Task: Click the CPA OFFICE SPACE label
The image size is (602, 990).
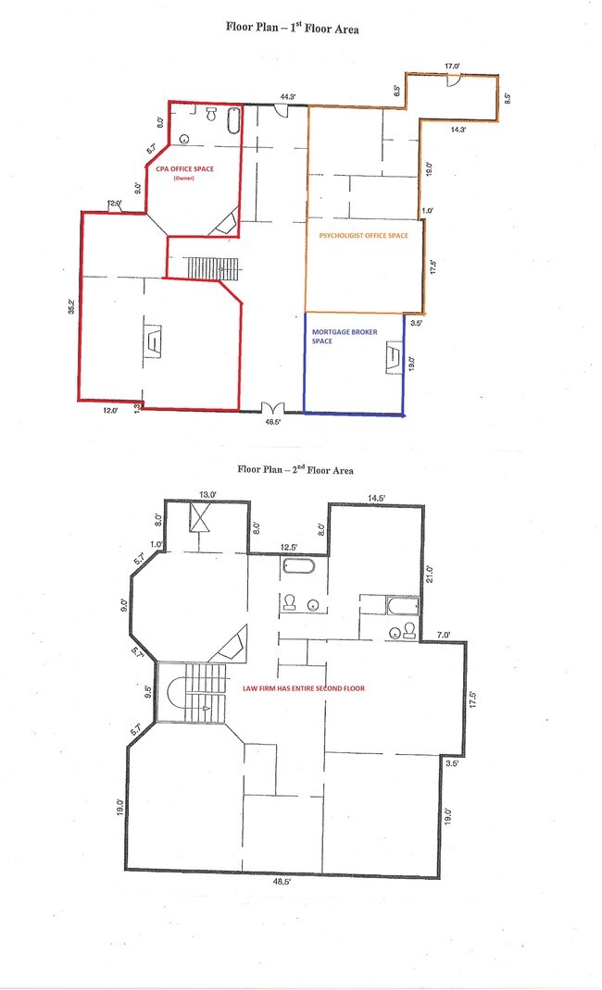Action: point(184,169)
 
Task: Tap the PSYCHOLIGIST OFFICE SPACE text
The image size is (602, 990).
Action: point(363,236)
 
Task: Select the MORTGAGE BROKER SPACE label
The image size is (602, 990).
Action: point(345,336)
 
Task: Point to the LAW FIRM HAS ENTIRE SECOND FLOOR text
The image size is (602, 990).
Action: point(304,688)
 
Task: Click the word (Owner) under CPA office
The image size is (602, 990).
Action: point(183,178)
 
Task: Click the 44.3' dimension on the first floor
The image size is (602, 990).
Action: point(288,96)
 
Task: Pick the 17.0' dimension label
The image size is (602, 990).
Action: point(452,66)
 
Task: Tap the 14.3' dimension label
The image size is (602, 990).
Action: point(458,130)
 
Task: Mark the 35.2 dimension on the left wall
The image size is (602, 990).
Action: point(72,306)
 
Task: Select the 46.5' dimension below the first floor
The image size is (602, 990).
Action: point(273,422)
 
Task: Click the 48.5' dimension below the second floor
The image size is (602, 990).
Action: point(282,882)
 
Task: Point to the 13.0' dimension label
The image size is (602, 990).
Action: point(207,494)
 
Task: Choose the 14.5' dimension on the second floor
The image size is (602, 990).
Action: point(377,498)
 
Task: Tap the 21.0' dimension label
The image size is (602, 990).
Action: point(430,574)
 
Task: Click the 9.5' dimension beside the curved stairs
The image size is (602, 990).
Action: point(148,692)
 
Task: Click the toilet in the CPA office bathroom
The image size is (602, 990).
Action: point(211,115)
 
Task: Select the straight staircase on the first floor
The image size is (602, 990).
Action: point(214,267)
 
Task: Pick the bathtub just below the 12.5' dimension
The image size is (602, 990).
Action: point(299,565)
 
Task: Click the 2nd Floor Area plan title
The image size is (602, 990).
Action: point(295,469)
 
